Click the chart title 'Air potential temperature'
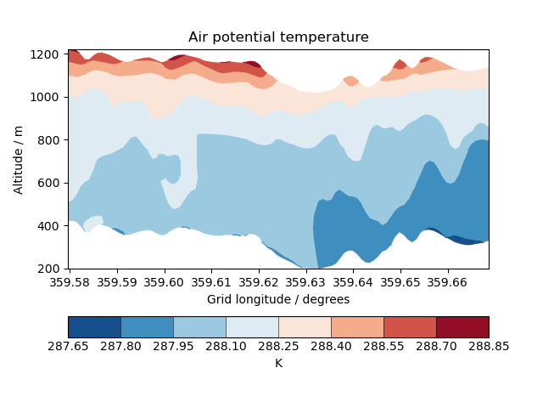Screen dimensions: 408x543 tap(278, 37)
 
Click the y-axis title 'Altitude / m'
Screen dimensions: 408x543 tap(19, 159)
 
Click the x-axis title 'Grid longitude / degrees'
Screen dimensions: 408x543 tap(278, 299)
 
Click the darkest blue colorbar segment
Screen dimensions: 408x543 tap(94, 327)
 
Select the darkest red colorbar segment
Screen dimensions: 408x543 tap(462, 327)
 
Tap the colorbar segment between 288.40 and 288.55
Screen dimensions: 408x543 tap(357, 327)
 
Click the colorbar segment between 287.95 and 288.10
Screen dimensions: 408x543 tap(199, 327)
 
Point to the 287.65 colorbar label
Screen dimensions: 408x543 tap(69, 347)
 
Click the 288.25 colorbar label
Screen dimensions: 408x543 tap(278, 347)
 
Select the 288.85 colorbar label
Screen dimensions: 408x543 tap(489, 347)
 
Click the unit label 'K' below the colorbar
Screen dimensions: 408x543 tap(278, 363)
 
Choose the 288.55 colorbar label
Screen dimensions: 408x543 tap(383, 347)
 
